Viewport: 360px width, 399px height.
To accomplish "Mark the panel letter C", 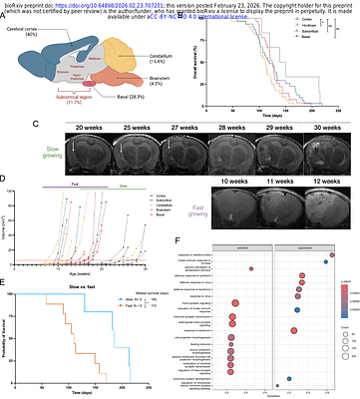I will point(9,125).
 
